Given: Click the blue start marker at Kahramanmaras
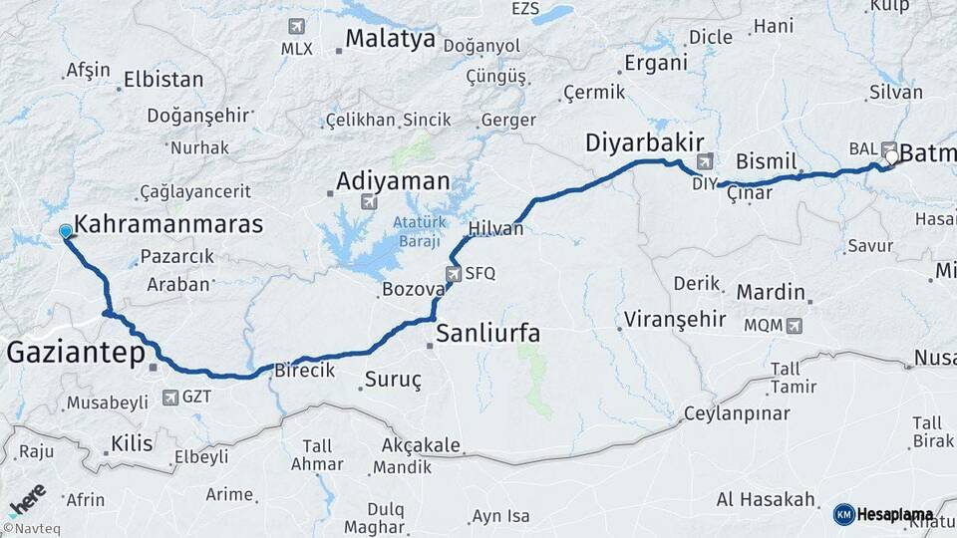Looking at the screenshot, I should coord(66,231).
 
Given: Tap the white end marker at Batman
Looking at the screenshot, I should coord(891,155).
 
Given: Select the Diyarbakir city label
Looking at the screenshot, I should coord(645,140).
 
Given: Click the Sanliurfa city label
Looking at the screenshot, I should coord(488,332).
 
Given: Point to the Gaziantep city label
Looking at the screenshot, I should coord(76,352).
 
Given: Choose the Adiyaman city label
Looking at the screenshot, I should coord(393,181).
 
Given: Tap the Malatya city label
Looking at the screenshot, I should coord(390,39).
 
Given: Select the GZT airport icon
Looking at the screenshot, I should coord(170,397).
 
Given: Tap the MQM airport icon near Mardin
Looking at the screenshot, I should coord(794,325).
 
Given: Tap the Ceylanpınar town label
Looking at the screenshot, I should coord(736,413).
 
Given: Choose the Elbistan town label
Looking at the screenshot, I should coord(162,80).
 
